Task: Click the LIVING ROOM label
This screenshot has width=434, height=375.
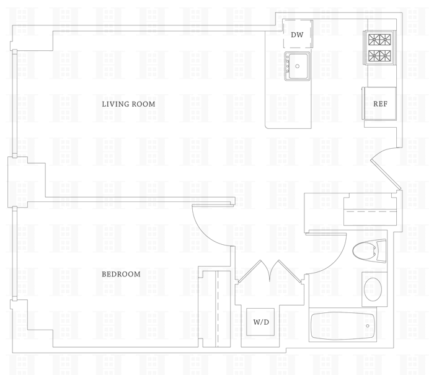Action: [128, 104]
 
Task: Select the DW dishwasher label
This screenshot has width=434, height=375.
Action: [297, 35]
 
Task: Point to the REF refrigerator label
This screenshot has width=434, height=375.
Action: [380, 104]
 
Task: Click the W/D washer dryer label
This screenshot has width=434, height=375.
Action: [260, 322]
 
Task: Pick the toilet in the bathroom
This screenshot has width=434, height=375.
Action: [366, 252]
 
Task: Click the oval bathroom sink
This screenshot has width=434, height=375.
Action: [372, 289]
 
